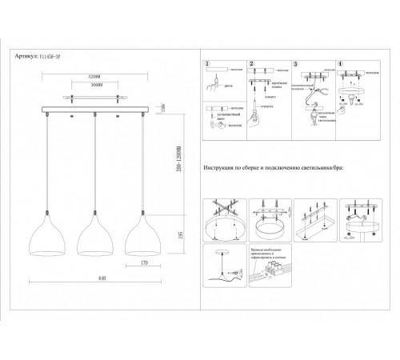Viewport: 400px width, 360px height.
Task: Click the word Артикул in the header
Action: (26, 57)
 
